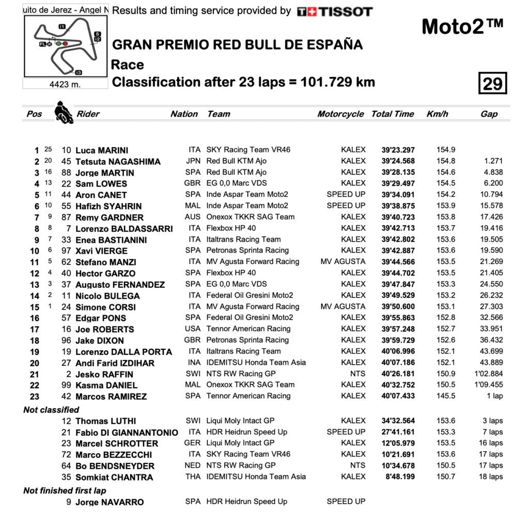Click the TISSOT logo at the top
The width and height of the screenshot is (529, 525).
click(335, 11)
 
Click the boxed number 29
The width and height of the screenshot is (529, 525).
click(492, 83)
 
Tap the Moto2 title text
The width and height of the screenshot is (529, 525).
click(462, 26)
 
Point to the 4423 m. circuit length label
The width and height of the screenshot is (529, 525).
click(65, 84)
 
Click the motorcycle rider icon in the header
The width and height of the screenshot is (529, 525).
click(64, 112)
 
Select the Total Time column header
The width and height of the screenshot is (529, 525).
click(392, 114)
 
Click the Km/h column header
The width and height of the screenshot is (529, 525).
click(437, 114)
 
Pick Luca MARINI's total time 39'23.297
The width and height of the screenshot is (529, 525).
click(398, 150)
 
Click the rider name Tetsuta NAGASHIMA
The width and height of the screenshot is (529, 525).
click(118, 162)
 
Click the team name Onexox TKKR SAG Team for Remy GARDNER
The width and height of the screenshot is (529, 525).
click(250, 217)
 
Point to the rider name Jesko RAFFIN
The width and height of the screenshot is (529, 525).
click(104, 374)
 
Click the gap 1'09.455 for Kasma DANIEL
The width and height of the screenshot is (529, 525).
click(488, 385)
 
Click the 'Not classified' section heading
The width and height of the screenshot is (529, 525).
click(51, 410)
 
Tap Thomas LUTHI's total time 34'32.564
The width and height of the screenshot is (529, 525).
click(398, 421)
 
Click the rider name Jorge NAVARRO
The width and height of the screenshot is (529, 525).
click(110, 502)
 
